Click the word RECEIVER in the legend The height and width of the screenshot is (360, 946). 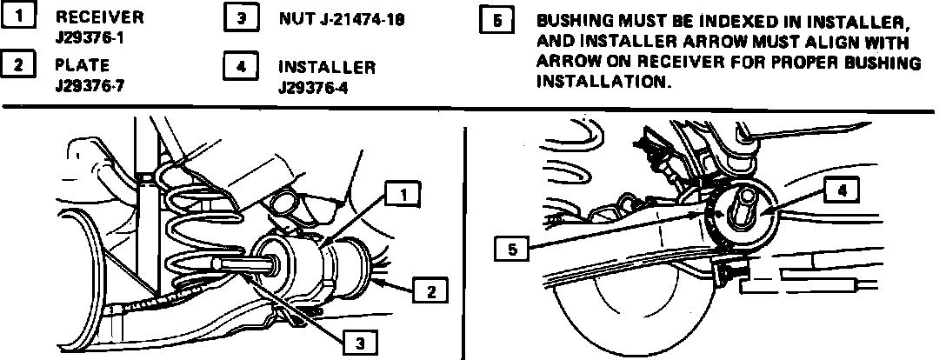[100, 17]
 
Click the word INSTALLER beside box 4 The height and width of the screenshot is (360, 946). [327, 67]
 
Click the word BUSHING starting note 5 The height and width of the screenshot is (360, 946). [571, 20]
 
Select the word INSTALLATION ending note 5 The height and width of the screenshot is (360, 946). [604, 83]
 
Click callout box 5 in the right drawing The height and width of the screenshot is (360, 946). [511, 250]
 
